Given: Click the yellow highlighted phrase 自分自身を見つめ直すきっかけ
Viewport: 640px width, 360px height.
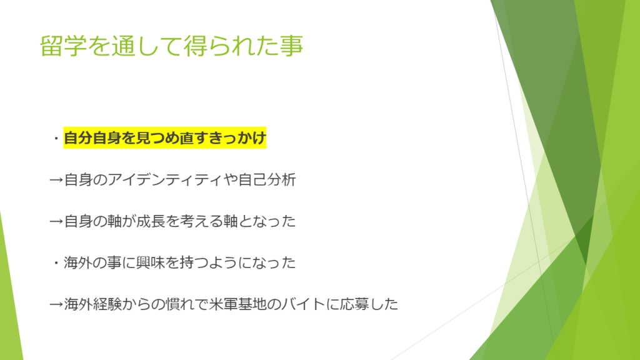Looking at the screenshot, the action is coord(165,138).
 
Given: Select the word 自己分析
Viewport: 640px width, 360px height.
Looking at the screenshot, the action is coord(267,179).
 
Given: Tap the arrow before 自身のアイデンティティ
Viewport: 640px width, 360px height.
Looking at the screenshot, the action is coord(56,180).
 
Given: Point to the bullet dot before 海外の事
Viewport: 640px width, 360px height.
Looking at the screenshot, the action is coord(56,264).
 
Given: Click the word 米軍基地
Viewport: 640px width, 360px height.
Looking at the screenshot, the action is coord(237,304).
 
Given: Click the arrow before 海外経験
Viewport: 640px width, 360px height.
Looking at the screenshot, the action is coord(56,304).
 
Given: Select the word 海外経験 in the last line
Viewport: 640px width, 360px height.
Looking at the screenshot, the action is coord(92,304).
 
